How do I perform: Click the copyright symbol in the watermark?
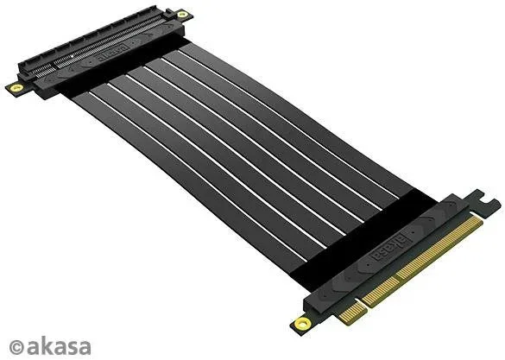(x=16, y=347)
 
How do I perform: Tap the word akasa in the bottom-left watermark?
(x=59, y=346)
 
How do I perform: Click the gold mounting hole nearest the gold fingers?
(x=302, y=323)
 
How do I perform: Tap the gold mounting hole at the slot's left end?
(x=16, y=87)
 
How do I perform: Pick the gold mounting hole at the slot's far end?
(x=182, y=14)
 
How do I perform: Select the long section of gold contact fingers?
(x=422, y=260)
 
